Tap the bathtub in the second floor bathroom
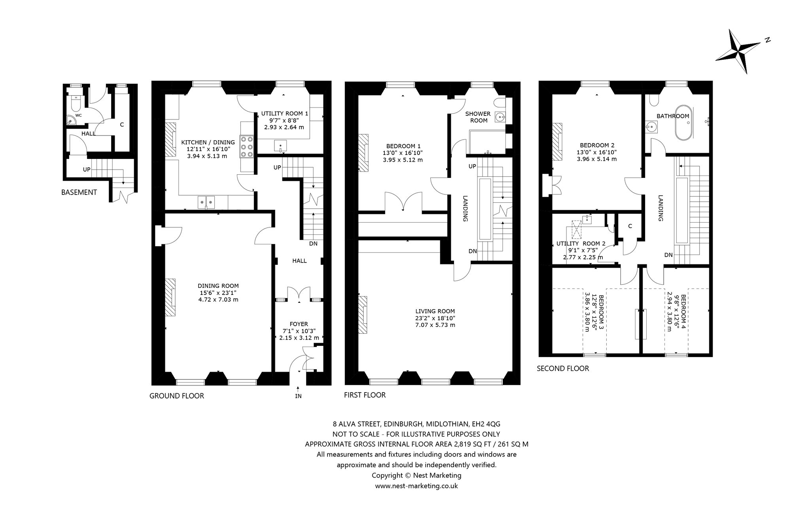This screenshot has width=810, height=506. click(683, 123)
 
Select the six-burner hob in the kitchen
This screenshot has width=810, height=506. click(246, 147)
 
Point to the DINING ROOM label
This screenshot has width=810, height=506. click(218, 286)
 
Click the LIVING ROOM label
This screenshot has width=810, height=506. click(435, 311)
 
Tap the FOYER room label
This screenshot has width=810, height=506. click(299, 324)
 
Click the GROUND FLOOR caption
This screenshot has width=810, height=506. click(177, 396)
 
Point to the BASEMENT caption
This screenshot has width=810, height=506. click(79, 193)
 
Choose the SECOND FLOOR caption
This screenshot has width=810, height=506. click(563, 368)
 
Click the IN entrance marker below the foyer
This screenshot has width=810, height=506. click(298, 396)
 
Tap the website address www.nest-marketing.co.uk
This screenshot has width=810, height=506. click(416, 486)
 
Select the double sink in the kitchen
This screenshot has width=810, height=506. click(206, 202)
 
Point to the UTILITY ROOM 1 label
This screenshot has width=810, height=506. click(284, 113)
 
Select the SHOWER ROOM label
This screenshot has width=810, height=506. click(479, 117)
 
